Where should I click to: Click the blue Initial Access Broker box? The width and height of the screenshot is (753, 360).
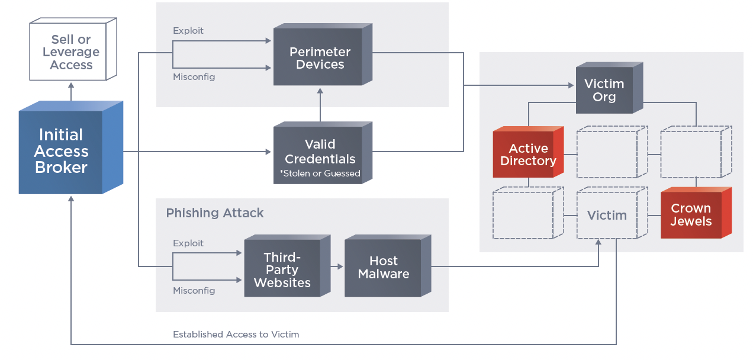[x=62, y=152]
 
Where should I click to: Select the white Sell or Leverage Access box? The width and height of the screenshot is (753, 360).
[x=71, y=52]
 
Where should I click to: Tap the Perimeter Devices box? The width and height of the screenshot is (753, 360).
[x=320, y=58]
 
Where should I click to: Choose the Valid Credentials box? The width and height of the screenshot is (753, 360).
[x=320, y=153]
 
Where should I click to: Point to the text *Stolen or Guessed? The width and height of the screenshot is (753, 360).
[x=320, y=173]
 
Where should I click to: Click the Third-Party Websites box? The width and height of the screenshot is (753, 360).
[x=282, y=270]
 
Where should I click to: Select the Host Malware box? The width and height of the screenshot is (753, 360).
[x=384, y=268]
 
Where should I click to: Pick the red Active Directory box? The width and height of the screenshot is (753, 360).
[x=528, y=155]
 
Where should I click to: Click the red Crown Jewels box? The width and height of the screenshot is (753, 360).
[x=691, y=215]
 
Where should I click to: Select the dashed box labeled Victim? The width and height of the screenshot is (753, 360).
[x=607, y=216]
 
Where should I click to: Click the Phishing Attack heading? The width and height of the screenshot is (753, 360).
[x=215, y=213]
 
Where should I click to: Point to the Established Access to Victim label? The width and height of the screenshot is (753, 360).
[x=236, y=335]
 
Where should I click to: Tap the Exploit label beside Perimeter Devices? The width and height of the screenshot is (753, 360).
[x=188, y=31]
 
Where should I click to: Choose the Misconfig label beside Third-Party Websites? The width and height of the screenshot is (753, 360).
[x=194, y=291]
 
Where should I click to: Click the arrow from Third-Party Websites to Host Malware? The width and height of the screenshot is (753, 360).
[x=337, y=267]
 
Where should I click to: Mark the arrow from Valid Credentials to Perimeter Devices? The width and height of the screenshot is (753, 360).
[x=320, y=105]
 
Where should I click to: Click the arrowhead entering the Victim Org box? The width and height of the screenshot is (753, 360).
[x=571, y=86]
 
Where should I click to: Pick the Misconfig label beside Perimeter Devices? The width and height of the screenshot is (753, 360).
[x=194, y=77]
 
